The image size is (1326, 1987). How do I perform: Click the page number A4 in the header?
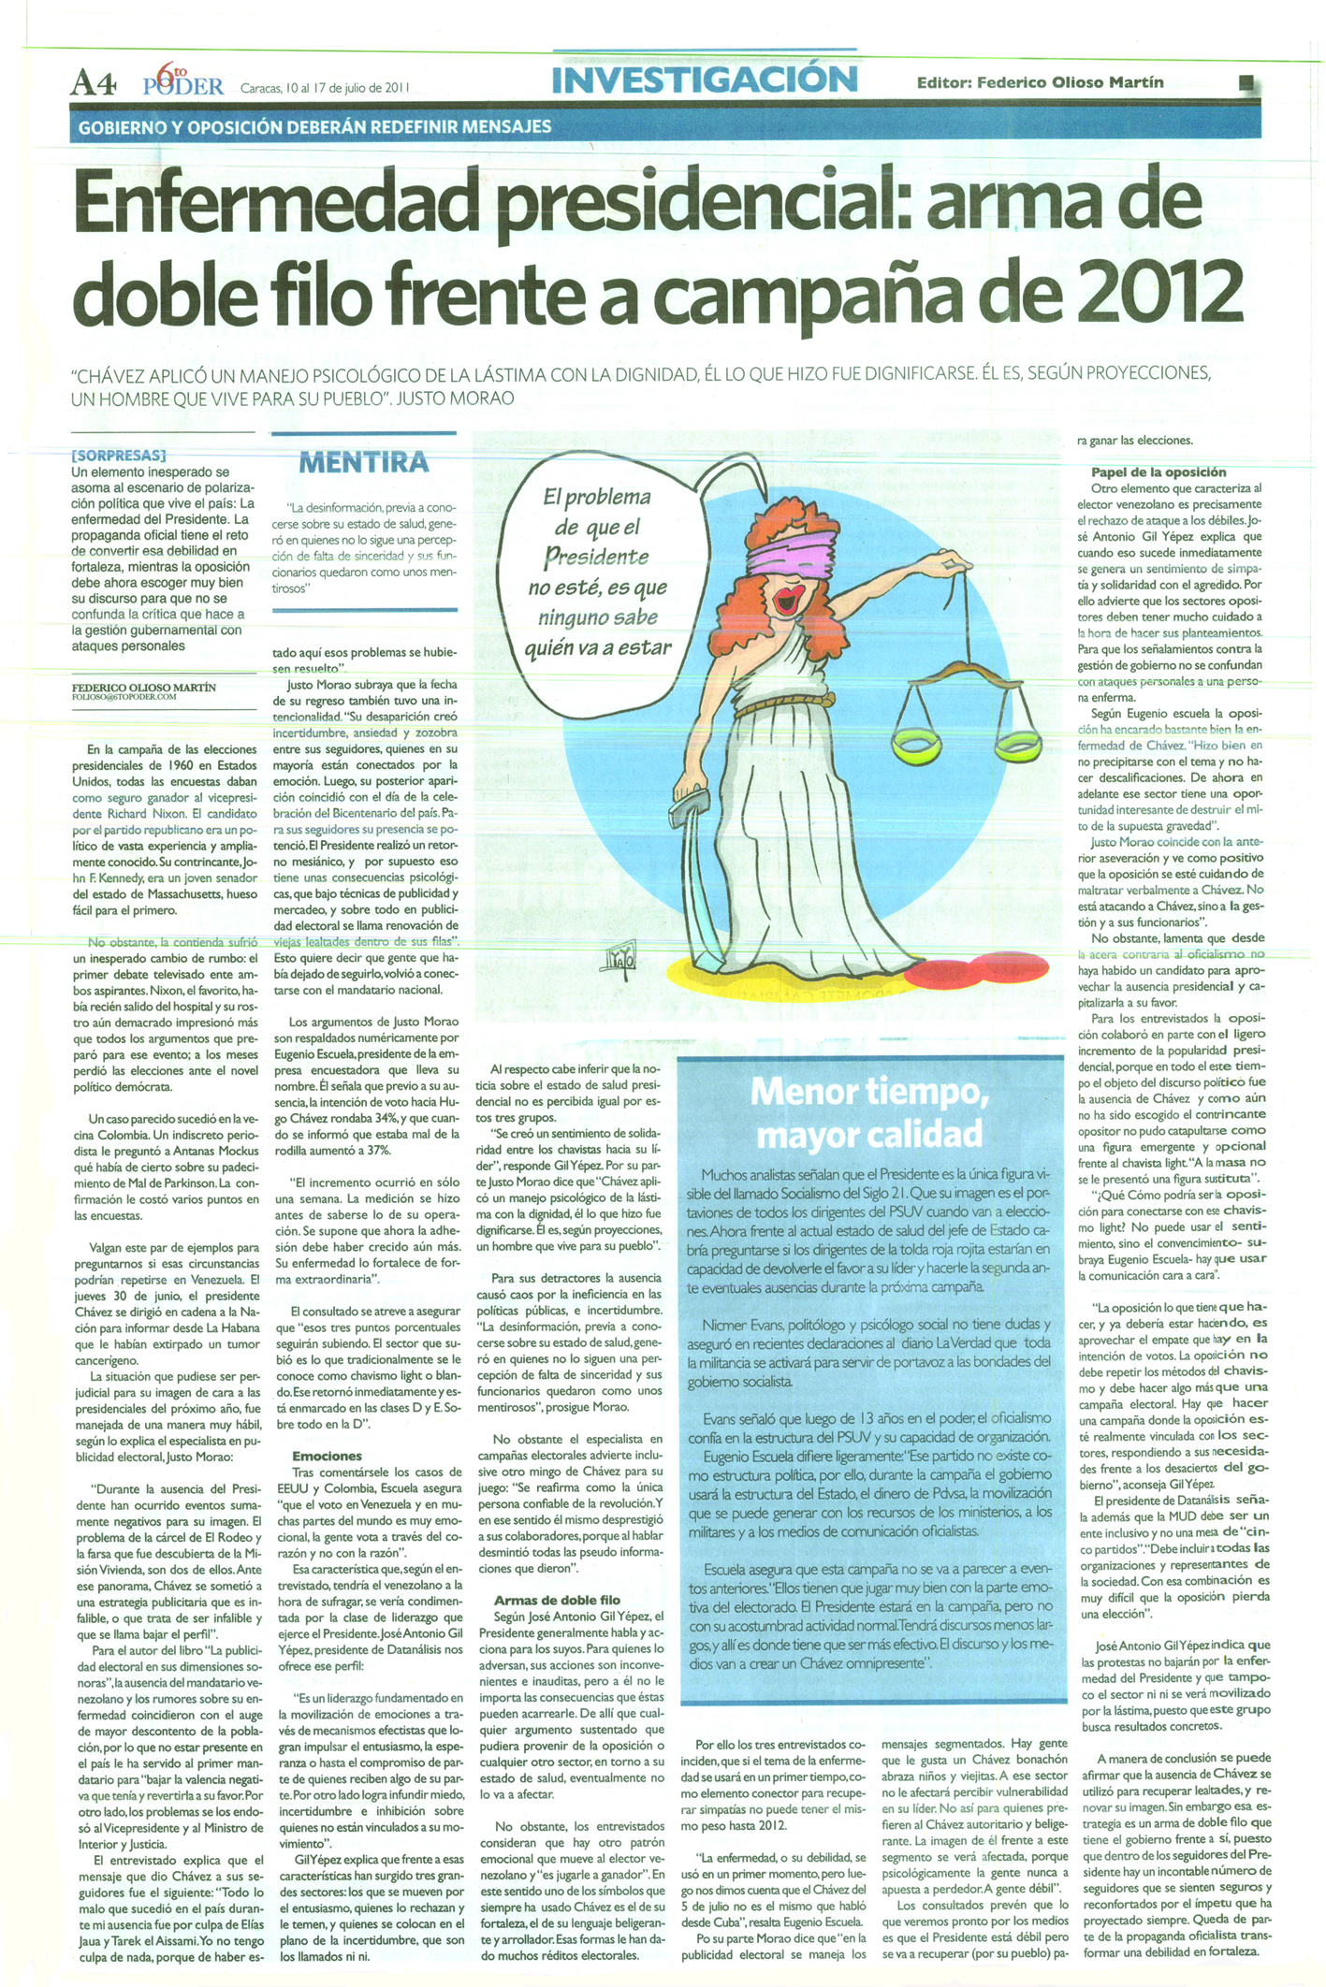pyautogui.click(x=93, y=86)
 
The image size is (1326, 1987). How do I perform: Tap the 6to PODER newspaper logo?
pyautogui.click(x=183, y=82)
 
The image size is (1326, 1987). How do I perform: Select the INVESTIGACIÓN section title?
pyautogui.click(x=705, y=80)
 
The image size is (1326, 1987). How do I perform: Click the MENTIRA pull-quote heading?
pyautogui.click(x=363, y=462)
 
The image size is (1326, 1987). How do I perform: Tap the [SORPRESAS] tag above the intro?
pyautogui.click(x=118, y=456)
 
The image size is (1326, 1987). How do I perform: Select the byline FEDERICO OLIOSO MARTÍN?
pyautogui.click(x=144, y=687)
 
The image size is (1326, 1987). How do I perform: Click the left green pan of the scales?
pyautogui.click(x=919, y=745)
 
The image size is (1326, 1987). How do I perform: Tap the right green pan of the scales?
pyautogui.click(x=1018, y=747)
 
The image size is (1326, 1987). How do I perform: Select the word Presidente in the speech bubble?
pyautogui.click(x=597, y=558)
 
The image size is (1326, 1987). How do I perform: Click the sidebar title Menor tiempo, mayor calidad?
pyautogui.click(x=869, y=1112)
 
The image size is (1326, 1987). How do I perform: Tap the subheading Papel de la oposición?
pyautogui.click(x=1158, y=471)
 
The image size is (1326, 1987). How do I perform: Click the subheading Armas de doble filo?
pyautogui.click(x=557, y=1600)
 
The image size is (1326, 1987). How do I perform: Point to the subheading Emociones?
pyautogui.click(x=327, y=1456)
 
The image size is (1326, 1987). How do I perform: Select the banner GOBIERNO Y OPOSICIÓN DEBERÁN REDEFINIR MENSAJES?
pyautogui.click(x=314, y=125)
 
